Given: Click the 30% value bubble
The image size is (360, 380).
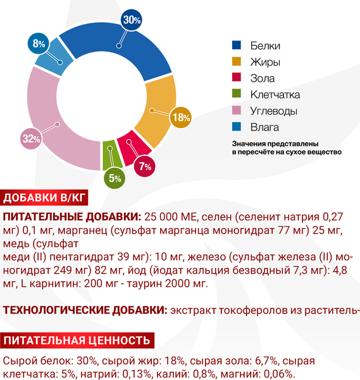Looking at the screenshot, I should pos(132,20).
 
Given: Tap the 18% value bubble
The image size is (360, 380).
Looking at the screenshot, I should pos(182,117).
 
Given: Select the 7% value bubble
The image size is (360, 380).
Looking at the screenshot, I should pos(146,167).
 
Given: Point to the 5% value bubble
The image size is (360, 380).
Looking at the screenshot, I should pos(115,178).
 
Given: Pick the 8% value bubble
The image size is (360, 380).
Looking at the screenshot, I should pos(39,44).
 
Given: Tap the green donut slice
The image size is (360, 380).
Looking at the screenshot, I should pos(108,152).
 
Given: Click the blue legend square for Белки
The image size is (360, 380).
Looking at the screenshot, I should pos(237,46).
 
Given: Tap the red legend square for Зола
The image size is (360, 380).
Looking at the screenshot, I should pos(237,79).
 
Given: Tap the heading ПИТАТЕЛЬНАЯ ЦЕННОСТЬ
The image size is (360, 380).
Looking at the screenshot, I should pos(77,340).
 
